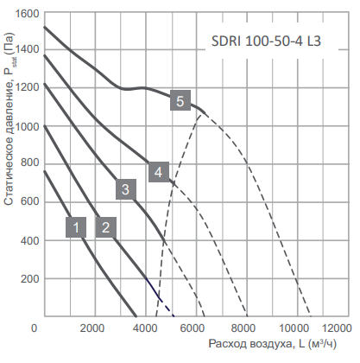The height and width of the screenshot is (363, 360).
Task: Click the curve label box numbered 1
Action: (x=76, y=227)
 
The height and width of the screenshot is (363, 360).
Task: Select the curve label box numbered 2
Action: (x=105, y=227)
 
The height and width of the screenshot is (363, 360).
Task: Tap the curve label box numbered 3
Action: (x=125, y=189)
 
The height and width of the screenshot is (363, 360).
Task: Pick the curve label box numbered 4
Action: (x=157, y=172)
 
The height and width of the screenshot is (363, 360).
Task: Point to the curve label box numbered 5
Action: (x=180, y=101)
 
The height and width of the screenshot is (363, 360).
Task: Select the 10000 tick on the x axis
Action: (x=296, y=328)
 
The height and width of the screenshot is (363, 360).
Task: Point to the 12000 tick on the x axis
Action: (x=334, y=328)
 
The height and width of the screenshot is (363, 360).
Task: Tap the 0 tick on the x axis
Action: (x=35, y=328)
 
